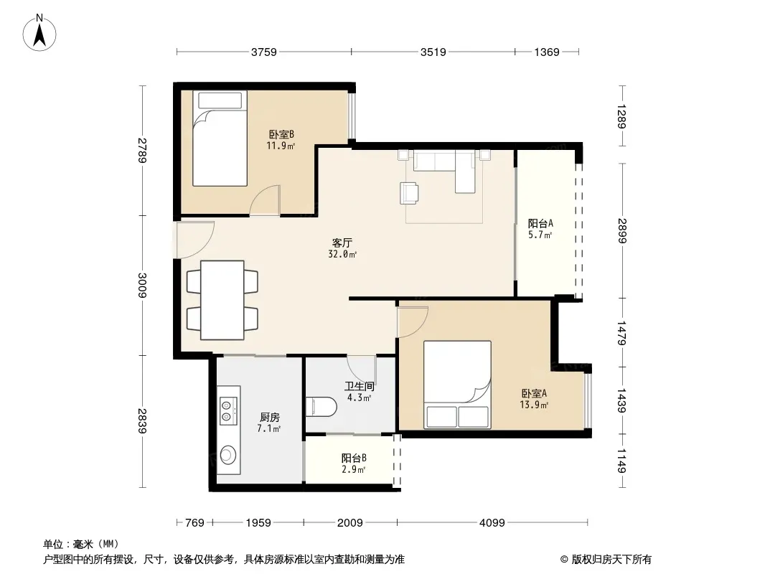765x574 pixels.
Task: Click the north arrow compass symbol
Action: coord(39,32)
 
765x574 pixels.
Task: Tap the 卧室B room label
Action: coord(281,134)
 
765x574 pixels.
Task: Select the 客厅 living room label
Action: coord(342,243)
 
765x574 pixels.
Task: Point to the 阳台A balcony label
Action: coord(540,223)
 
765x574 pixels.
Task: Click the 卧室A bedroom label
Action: coord(534,393)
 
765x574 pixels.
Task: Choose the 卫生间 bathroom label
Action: coord(359,386)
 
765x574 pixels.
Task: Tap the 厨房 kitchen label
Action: coord(269,418)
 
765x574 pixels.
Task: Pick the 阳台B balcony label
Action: coord(354,458)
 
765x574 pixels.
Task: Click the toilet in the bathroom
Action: coord(321,407)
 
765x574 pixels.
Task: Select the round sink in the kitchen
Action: coord(227,455)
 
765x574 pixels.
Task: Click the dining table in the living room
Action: coord(222,300)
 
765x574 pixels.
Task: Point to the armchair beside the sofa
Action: coord(409,192)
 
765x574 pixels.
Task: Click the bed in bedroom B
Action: coord(220,138)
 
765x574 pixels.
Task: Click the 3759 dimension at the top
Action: coord(264,52)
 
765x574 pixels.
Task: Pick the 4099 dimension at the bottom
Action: coord(492,523)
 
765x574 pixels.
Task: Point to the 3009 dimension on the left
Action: coord(142,286)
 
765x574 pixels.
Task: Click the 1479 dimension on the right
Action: coord(621,333)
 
